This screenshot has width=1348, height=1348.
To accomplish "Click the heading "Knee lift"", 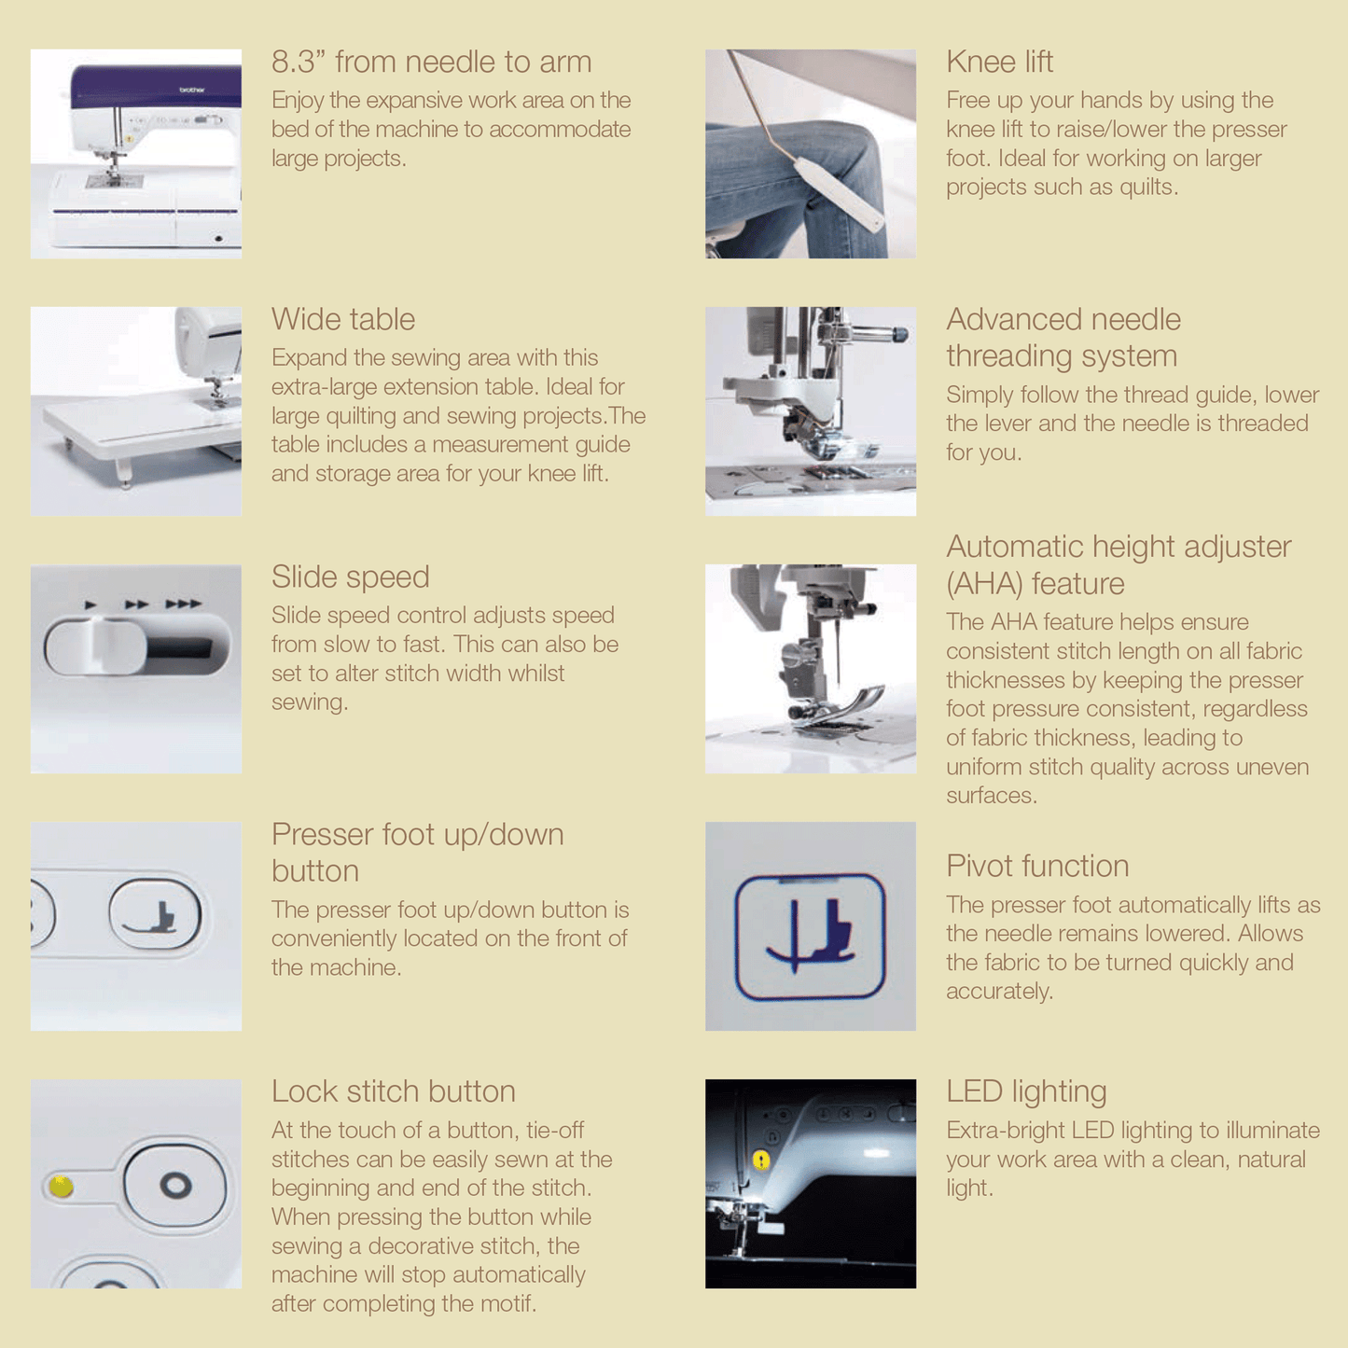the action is pos(999,62).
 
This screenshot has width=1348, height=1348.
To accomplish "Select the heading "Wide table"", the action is pos(342,319).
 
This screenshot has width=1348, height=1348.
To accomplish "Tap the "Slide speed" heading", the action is pos(350,577).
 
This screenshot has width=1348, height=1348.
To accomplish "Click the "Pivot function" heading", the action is pos(1036,866).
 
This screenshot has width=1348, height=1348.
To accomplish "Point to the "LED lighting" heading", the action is pos(1026,1092).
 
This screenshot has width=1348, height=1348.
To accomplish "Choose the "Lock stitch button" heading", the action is pos(393,1091).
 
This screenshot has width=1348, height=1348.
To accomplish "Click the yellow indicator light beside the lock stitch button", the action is pos(61,1185).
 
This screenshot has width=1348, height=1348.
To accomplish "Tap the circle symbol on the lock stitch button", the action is pos(174,1185).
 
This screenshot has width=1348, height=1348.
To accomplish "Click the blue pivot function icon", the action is pos(810,936).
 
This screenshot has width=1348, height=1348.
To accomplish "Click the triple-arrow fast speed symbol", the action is pos(183,604).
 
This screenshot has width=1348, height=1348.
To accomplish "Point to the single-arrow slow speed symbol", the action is pos(90,605).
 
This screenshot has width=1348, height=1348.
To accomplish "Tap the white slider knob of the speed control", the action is pos(96,647).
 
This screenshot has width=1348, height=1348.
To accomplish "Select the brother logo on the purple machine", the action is pos(192,90).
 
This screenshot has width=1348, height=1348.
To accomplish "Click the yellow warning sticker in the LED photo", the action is pos(761,1160).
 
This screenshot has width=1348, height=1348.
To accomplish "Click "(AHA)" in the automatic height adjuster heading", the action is pos(982,583).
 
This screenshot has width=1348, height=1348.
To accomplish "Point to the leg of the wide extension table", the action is pos(124,472).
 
